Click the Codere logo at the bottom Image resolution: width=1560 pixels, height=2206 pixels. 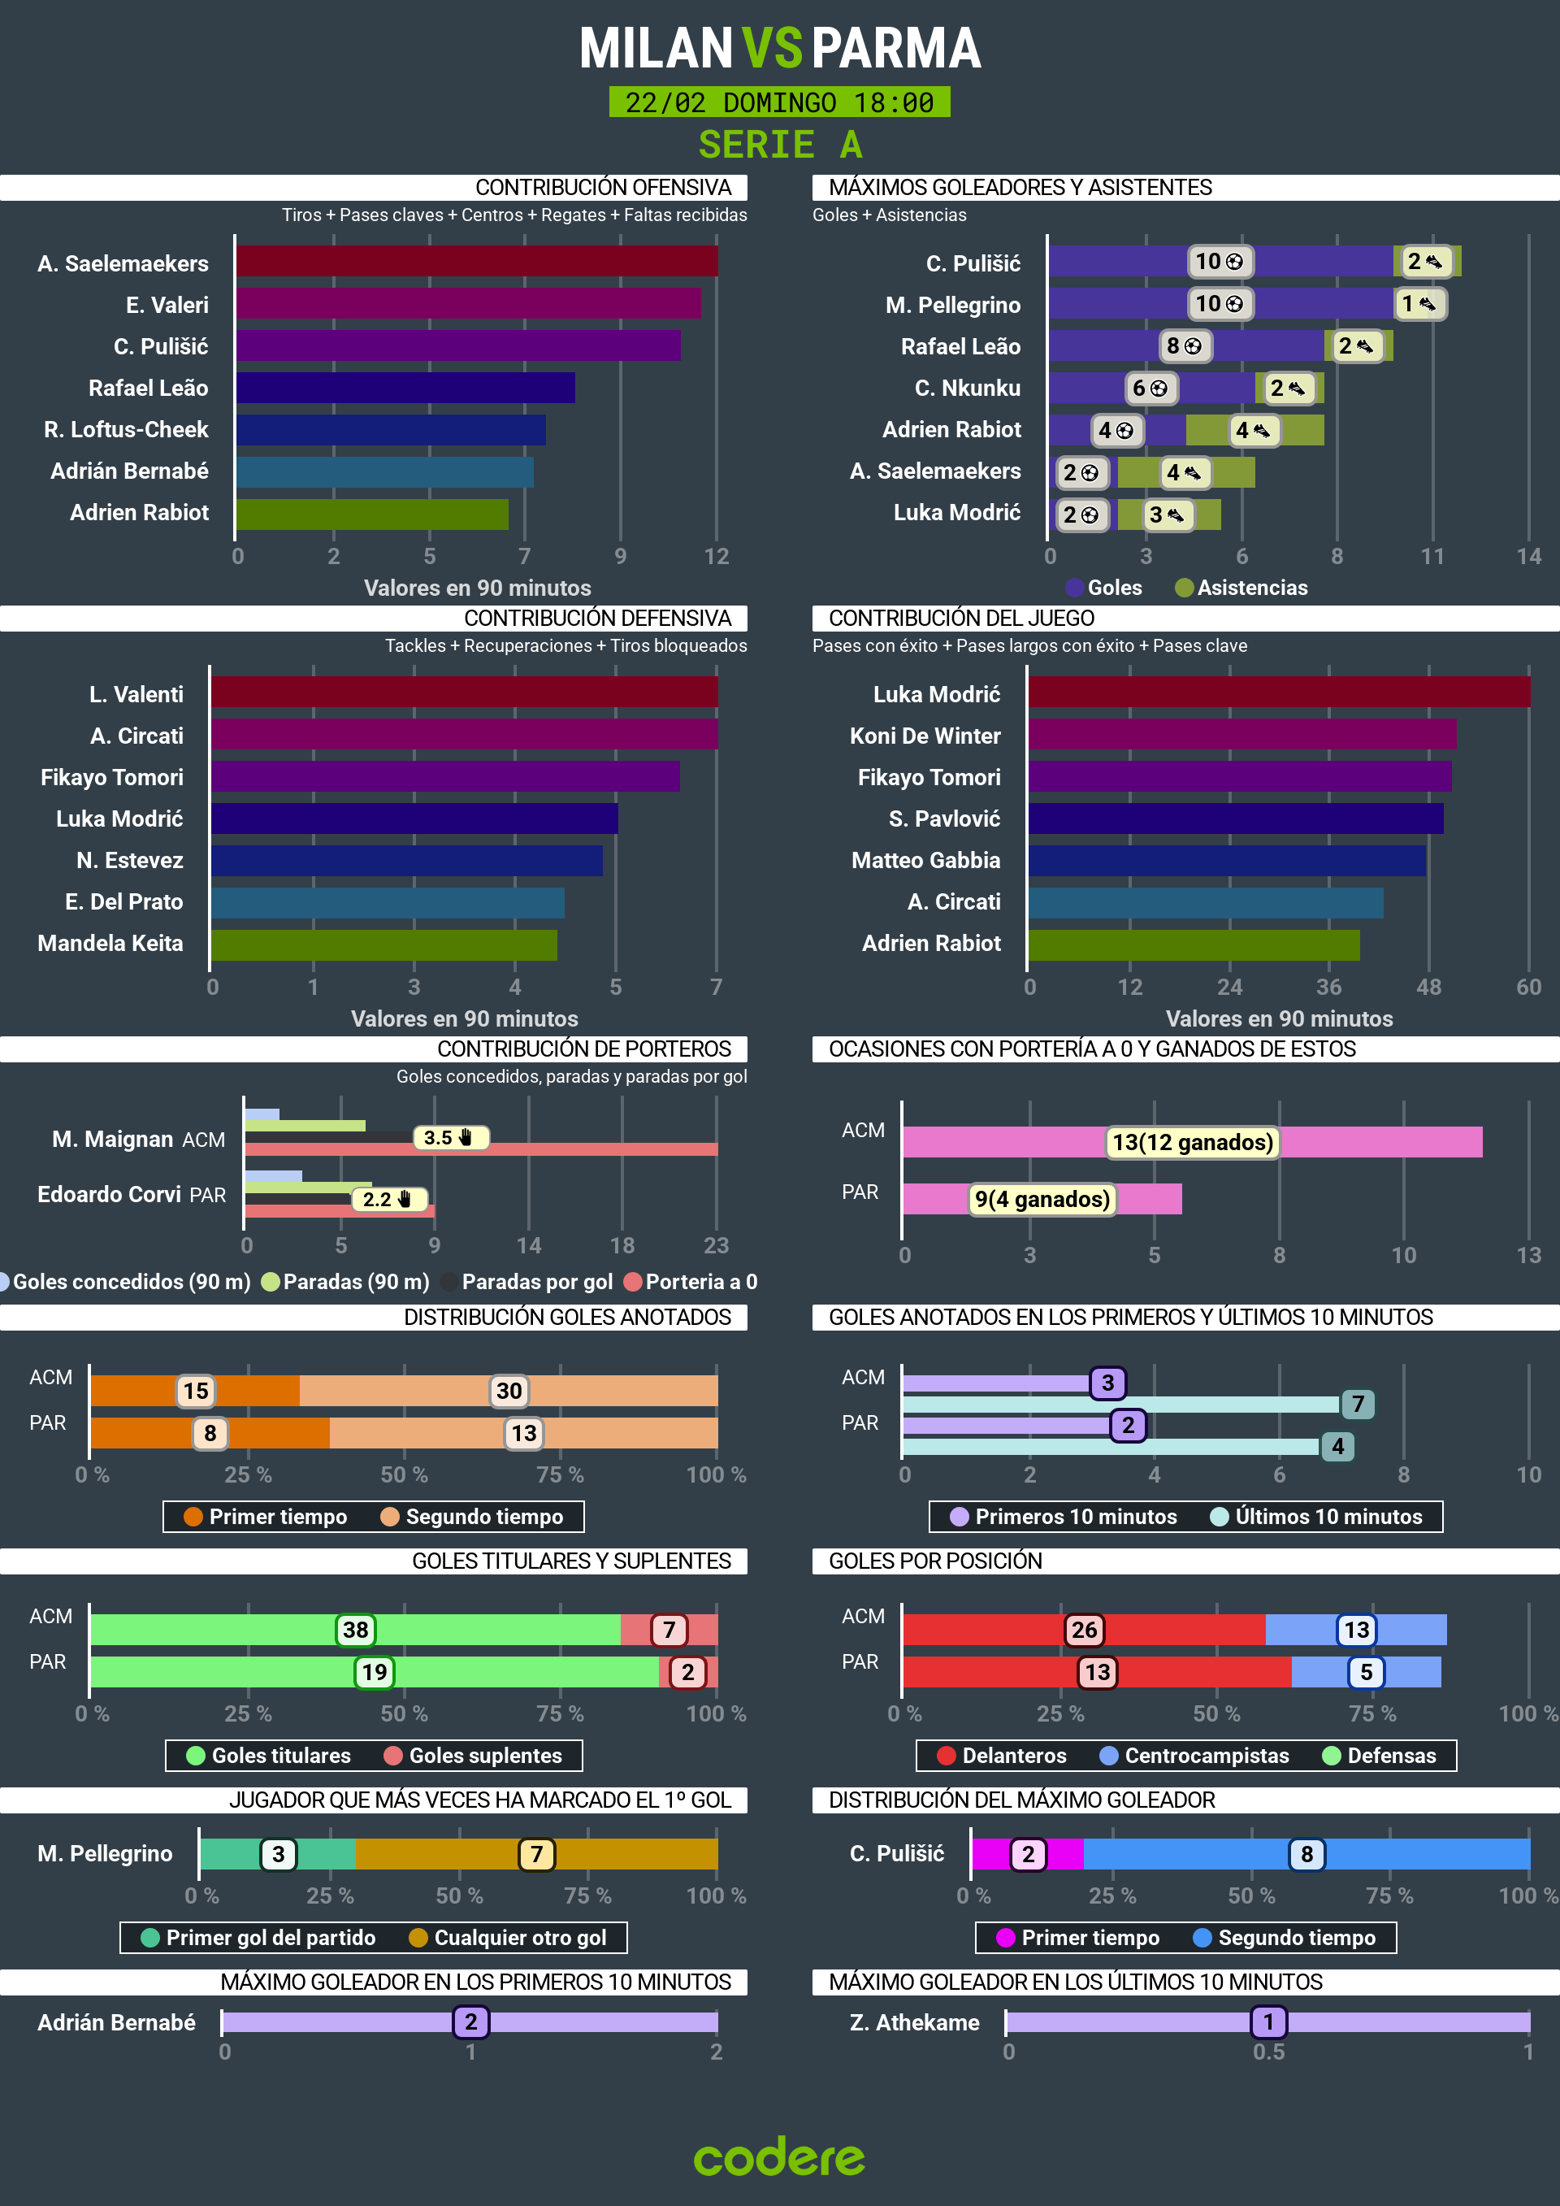click(x=779, y=2158)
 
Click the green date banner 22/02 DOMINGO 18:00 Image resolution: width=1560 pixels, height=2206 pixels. click(x=779, y=102)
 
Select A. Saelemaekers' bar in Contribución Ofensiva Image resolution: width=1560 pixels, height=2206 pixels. click(x=476, y=262)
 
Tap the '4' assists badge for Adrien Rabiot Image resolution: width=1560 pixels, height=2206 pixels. click(x=1253, y=431)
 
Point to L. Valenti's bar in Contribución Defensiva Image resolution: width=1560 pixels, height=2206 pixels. click(x=464, y=692)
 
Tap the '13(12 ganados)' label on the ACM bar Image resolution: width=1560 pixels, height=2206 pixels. click(x=1192, y=1142)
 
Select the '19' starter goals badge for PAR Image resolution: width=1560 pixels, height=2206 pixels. click(x=374, y=1672)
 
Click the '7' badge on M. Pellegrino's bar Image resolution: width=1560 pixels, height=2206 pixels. click(x=536, y=1853)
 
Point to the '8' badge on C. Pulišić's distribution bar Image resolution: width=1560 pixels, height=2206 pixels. click(x=1306, y=1853)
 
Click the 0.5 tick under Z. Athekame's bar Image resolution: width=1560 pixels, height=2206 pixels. click(x=1268, y=2052)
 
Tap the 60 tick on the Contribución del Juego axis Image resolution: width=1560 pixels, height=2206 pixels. click(x=1527, y=987)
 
